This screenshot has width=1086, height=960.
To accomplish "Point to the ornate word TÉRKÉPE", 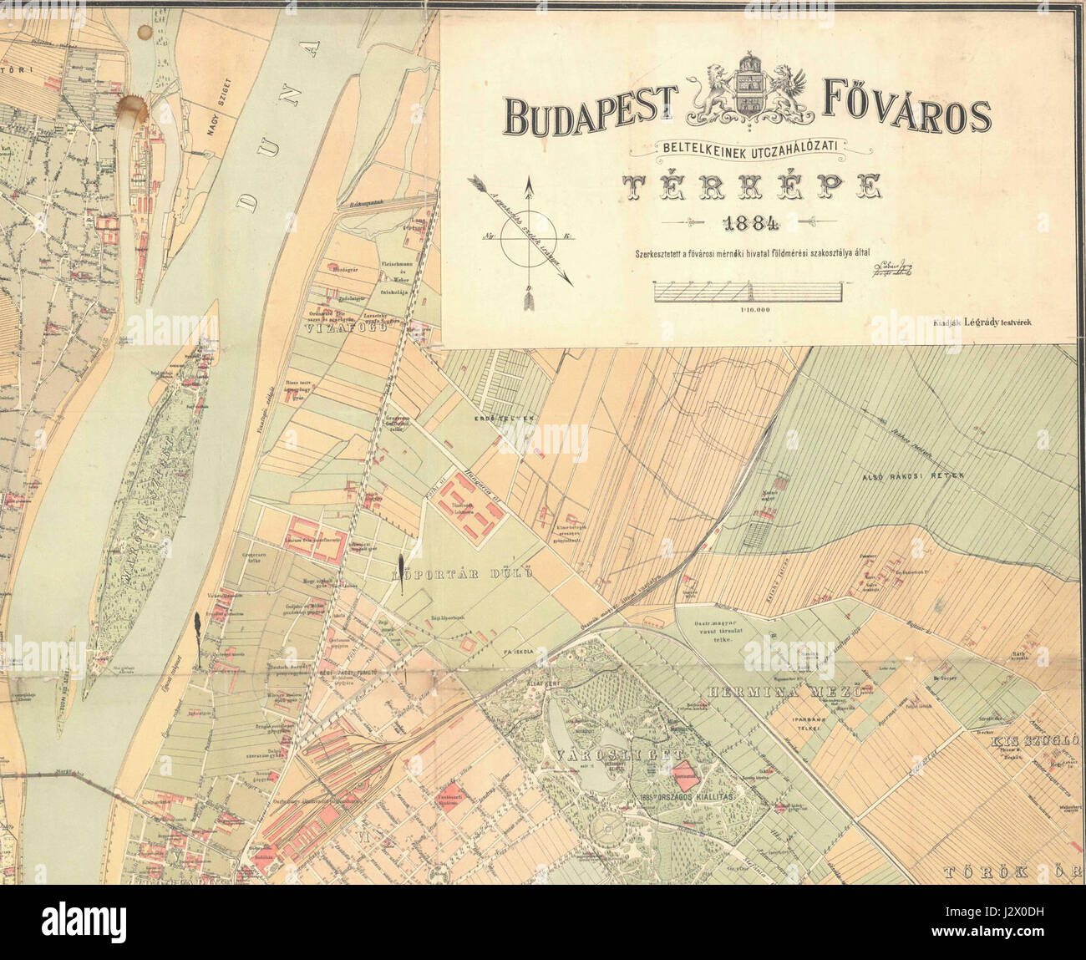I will point(749,188).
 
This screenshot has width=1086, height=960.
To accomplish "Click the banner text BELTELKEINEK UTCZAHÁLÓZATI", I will point(754,148).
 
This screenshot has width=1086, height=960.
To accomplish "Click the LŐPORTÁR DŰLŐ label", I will point(462,576).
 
